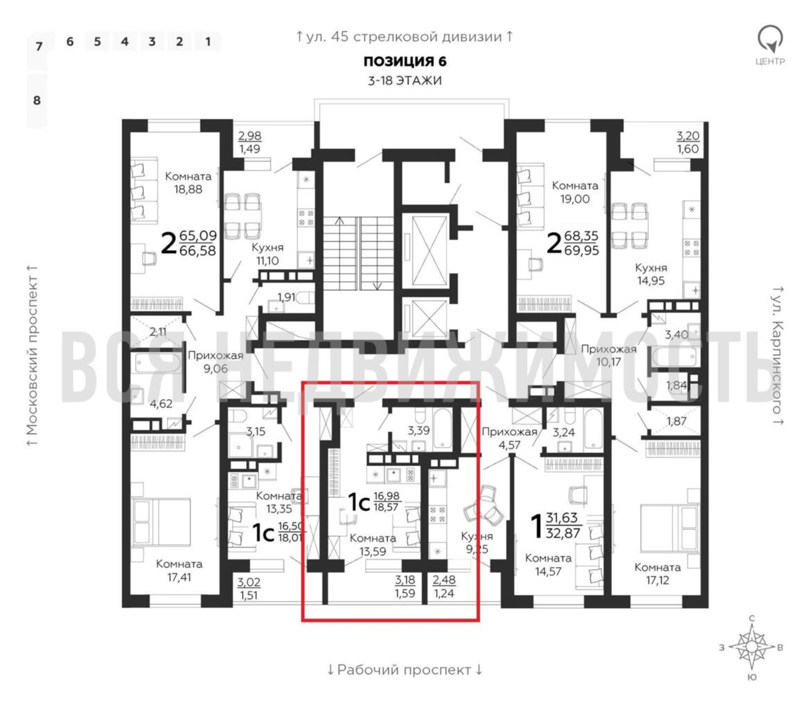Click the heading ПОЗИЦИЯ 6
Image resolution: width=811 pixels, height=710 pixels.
pyautogui.click(x=405, y=61)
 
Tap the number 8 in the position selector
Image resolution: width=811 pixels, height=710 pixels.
pyautogui.click(x=37, y=100)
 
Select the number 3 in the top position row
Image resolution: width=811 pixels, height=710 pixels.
pyautogui.click(x=152, y=42)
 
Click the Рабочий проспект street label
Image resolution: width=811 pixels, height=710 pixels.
pyautogui.click(x=404, y=670)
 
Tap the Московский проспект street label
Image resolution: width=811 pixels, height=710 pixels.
pyautogui.click(x=32, y=355)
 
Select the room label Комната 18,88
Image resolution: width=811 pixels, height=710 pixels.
pyautogui.click(x=188, y=183)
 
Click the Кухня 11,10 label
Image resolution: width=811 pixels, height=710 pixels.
pyautogui.click(x=267, y=254)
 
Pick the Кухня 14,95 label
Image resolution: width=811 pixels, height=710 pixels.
pyautogui.click(x=650, y=274)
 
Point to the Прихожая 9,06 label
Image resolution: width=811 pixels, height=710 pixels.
pyautogui.click(x=215, y=362)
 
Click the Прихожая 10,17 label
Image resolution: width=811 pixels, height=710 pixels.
pyautogui.click(x=609, y=355)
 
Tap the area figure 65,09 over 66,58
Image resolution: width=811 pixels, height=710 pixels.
pyautogui.click(x=198, y=243)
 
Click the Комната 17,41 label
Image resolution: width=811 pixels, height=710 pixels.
pyautogui.click(x=179, y=570)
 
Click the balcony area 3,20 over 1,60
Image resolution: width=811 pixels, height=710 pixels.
pyautogui.click(x=688, y=142)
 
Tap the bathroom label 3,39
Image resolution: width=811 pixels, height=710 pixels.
pyautogui.click(x=418, y=430)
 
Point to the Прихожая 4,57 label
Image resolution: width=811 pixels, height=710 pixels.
pyautogui.click(x=509, y=438)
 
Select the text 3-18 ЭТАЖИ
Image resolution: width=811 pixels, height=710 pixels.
pyautogui.click(x=405, y=81)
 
